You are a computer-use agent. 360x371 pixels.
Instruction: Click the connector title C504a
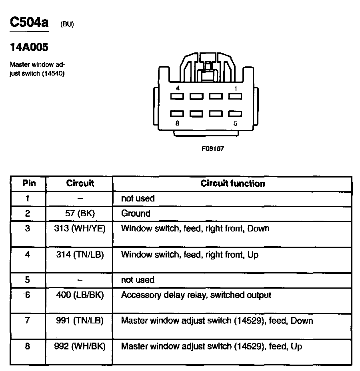coord(29,22)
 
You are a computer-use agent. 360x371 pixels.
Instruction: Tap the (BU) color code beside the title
coord(67,24)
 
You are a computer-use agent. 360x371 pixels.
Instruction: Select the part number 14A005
coord(29,48)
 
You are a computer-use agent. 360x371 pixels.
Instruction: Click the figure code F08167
coord(213,148)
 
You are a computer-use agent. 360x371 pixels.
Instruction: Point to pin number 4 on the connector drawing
coord(177,88)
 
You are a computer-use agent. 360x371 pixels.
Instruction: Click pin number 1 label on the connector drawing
coord(236,88)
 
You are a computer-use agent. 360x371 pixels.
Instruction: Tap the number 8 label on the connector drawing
coord(177,123)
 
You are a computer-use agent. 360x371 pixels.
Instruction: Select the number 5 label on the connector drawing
coord(236,123)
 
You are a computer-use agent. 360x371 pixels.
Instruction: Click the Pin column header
coord(29,184)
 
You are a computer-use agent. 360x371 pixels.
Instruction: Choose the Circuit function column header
coord(232,184)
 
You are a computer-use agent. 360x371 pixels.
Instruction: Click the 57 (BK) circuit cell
coord(80,213)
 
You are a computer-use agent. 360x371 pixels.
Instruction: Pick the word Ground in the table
coord(136,213)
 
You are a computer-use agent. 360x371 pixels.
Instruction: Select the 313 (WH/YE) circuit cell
coord(80,229)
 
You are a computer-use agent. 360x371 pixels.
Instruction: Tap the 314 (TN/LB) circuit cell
coord(80,254)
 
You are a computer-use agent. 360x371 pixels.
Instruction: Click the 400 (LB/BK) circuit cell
coord(80,295)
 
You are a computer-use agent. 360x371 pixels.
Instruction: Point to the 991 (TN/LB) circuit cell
coord(80,321)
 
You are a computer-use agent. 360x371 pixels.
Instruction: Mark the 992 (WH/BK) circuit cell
coord(80,346)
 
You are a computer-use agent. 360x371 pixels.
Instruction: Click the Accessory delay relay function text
coord(196,295)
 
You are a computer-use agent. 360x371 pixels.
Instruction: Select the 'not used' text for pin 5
coord(138,280)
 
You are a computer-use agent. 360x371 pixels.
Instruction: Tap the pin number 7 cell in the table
coord(28,321)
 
